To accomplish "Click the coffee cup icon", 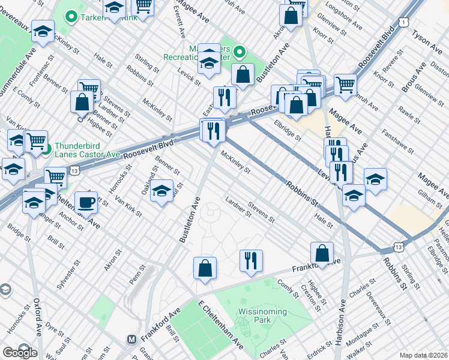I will tap(86, 203).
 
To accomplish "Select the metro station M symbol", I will tap(132, 339).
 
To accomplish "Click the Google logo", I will tap(19, 352).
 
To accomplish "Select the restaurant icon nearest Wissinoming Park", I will tap(250, 260).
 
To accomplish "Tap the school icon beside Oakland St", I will tap(161, 192).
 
